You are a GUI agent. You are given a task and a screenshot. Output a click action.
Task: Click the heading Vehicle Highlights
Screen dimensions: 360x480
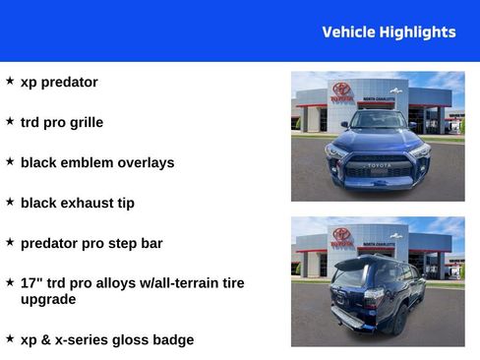[x=389, y=31]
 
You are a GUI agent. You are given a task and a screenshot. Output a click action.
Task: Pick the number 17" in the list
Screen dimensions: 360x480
[x=30, y=282]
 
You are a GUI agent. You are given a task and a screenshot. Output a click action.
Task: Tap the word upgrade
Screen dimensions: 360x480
[x=48, y=298]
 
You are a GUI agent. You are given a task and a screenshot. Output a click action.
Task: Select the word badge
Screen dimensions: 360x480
[x=172, y=339]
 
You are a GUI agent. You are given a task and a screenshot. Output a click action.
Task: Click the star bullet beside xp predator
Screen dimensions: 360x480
[x=10, y=82]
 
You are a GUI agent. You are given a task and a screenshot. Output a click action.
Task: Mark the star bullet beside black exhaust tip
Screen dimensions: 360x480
[x=10, y=202]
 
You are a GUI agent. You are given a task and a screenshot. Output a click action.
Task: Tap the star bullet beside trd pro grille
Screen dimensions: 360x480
[x=10, y=122]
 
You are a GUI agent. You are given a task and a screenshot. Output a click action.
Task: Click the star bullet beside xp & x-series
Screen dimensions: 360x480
[x=10, y=338]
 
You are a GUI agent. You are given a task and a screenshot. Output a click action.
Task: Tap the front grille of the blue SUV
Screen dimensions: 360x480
[x=379, y=167]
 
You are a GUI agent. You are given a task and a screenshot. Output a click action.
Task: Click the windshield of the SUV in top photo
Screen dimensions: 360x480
[x=378, y=121]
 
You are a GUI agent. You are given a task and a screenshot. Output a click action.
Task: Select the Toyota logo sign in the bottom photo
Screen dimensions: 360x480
[x=341, y=236]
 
